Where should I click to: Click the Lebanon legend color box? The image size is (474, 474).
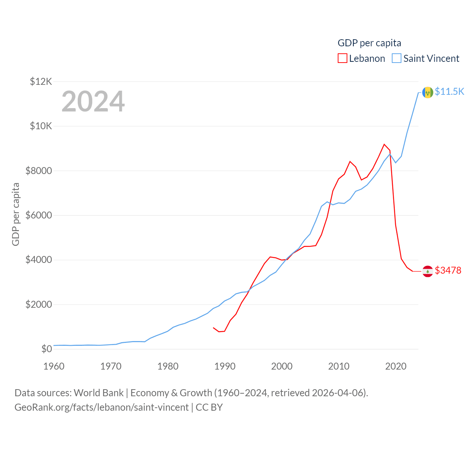click(x=343, y=59)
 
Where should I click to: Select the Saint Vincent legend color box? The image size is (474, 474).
click(x=397, y=59)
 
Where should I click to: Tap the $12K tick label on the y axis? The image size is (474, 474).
click(x=41, y=81)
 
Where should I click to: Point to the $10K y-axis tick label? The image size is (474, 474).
click(x=41, y=126)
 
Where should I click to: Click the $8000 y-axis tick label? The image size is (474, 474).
click(x=39, y=171)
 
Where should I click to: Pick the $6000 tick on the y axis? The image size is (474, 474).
click(x=39, y=215)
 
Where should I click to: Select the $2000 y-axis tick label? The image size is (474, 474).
click(x=39, y=304)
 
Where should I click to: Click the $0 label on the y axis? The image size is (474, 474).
click(x=46, y=349)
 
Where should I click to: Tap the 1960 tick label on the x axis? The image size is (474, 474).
click(x=54, y=366)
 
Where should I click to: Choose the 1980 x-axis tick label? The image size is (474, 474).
click(x=168, y=366)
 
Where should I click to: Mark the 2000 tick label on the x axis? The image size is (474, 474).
click(x=282, y=366)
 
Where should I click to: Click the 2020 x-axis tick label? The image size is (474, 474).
click(x=396, y=366)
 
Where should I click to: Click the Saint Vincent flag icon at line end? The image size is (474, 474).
click(x=428, y=93)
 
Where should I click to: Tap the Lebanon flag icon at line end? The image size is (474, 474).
click(x=428, y=271)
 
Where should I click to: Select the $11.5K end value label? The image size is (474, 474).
click(x=449, y=91)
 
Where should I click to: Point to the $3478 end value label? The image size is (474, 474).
click(x=448, y=270)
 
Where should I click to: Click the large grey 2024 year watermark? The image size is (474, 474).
click(x=93, y=101)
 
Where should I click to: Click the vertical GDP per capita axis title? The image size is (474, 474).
click(x=16, y=214)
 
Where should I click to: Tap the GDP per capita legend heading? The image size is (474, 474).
click(x=369, y=43)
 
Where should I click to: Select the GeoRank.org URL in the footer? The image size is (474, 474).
click(x=101, y=407)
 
